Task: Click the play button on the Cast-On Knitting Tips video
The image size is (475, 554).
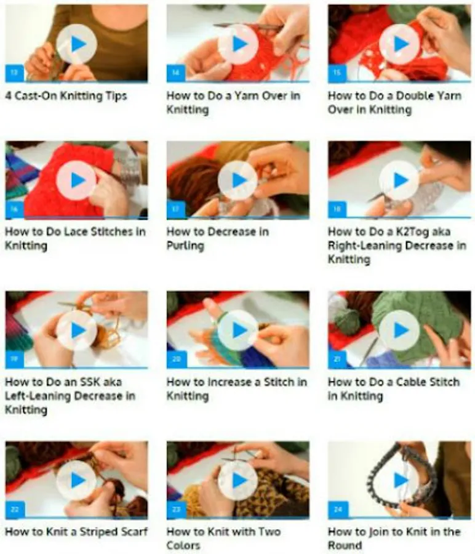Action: coord(77,44)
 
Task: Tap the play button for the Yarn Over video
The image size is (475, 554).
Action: coord(238,44)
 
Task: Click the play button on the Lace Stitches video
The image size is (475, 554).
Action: coord(77,180)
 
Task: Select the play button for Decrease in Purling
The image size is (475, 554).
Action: coord(238,180)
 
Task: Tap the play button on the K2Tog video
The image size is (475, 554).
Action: coord(399,180)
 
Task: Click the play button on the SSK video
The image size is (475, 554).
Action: coord(77,331)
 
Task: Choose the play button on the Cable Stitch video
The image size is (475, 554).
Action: coord(399,331)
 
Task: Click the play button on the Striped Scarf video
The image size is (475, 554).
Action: coord(77,481)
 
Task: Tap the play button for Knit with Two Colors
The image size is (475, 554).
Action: coord(238,481)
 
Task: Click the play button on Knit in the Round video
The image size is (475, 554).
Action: coord(399,481)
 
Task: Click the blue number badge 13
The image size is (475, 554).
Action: coord(14,73)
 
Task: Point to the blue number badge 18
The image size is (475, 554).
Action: coord(337,209)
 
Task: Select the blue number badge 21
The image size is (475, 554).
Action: coord(337,359)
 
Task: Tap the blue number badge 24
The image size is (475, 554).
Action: coord(338,510)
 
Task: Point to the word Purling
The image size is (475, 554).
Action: coord(185,246)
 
